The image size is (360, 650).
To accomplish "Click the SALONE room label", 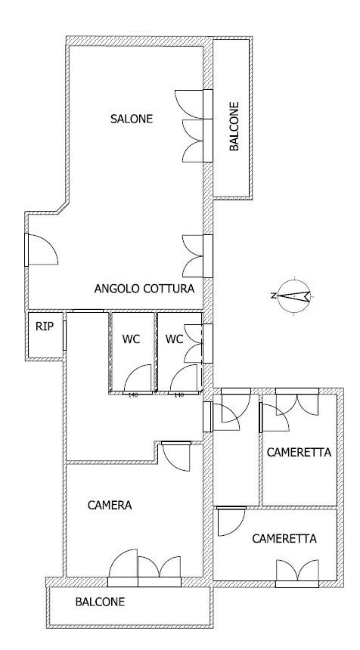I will click(x=132, y=119).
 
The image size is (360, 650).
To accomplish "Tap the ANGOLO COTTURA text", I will click(x=144, y=289).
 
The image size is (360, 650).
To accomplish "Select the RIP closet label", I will click(x=43, y=327).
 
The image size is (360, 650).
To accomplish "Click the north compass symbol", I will click(x=295, y=296).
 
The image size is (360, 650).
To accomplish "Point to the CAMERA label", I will click(x=110, y=506).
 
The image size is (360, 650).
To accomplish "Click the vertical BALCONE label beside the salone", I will click(x=234, y=127).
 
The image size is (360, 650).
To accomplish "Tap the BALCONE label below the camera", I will click(x=100, y=602).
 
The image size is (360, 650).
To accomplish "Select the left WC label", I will click(x=132, y=339).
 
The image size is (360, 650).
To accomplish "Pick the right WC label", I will click(x=175, y=339).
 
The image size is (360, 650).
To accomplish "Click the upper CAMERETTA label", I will click(x=299, y=453).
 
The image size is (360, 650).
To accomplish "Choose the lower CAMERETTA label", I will click(x=284, y=539).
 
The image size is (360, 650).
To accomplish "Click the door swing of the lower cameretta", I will click(x=231, y=523).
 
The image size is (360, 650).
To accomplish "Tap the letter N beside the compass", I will click(x=273, y=296).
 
